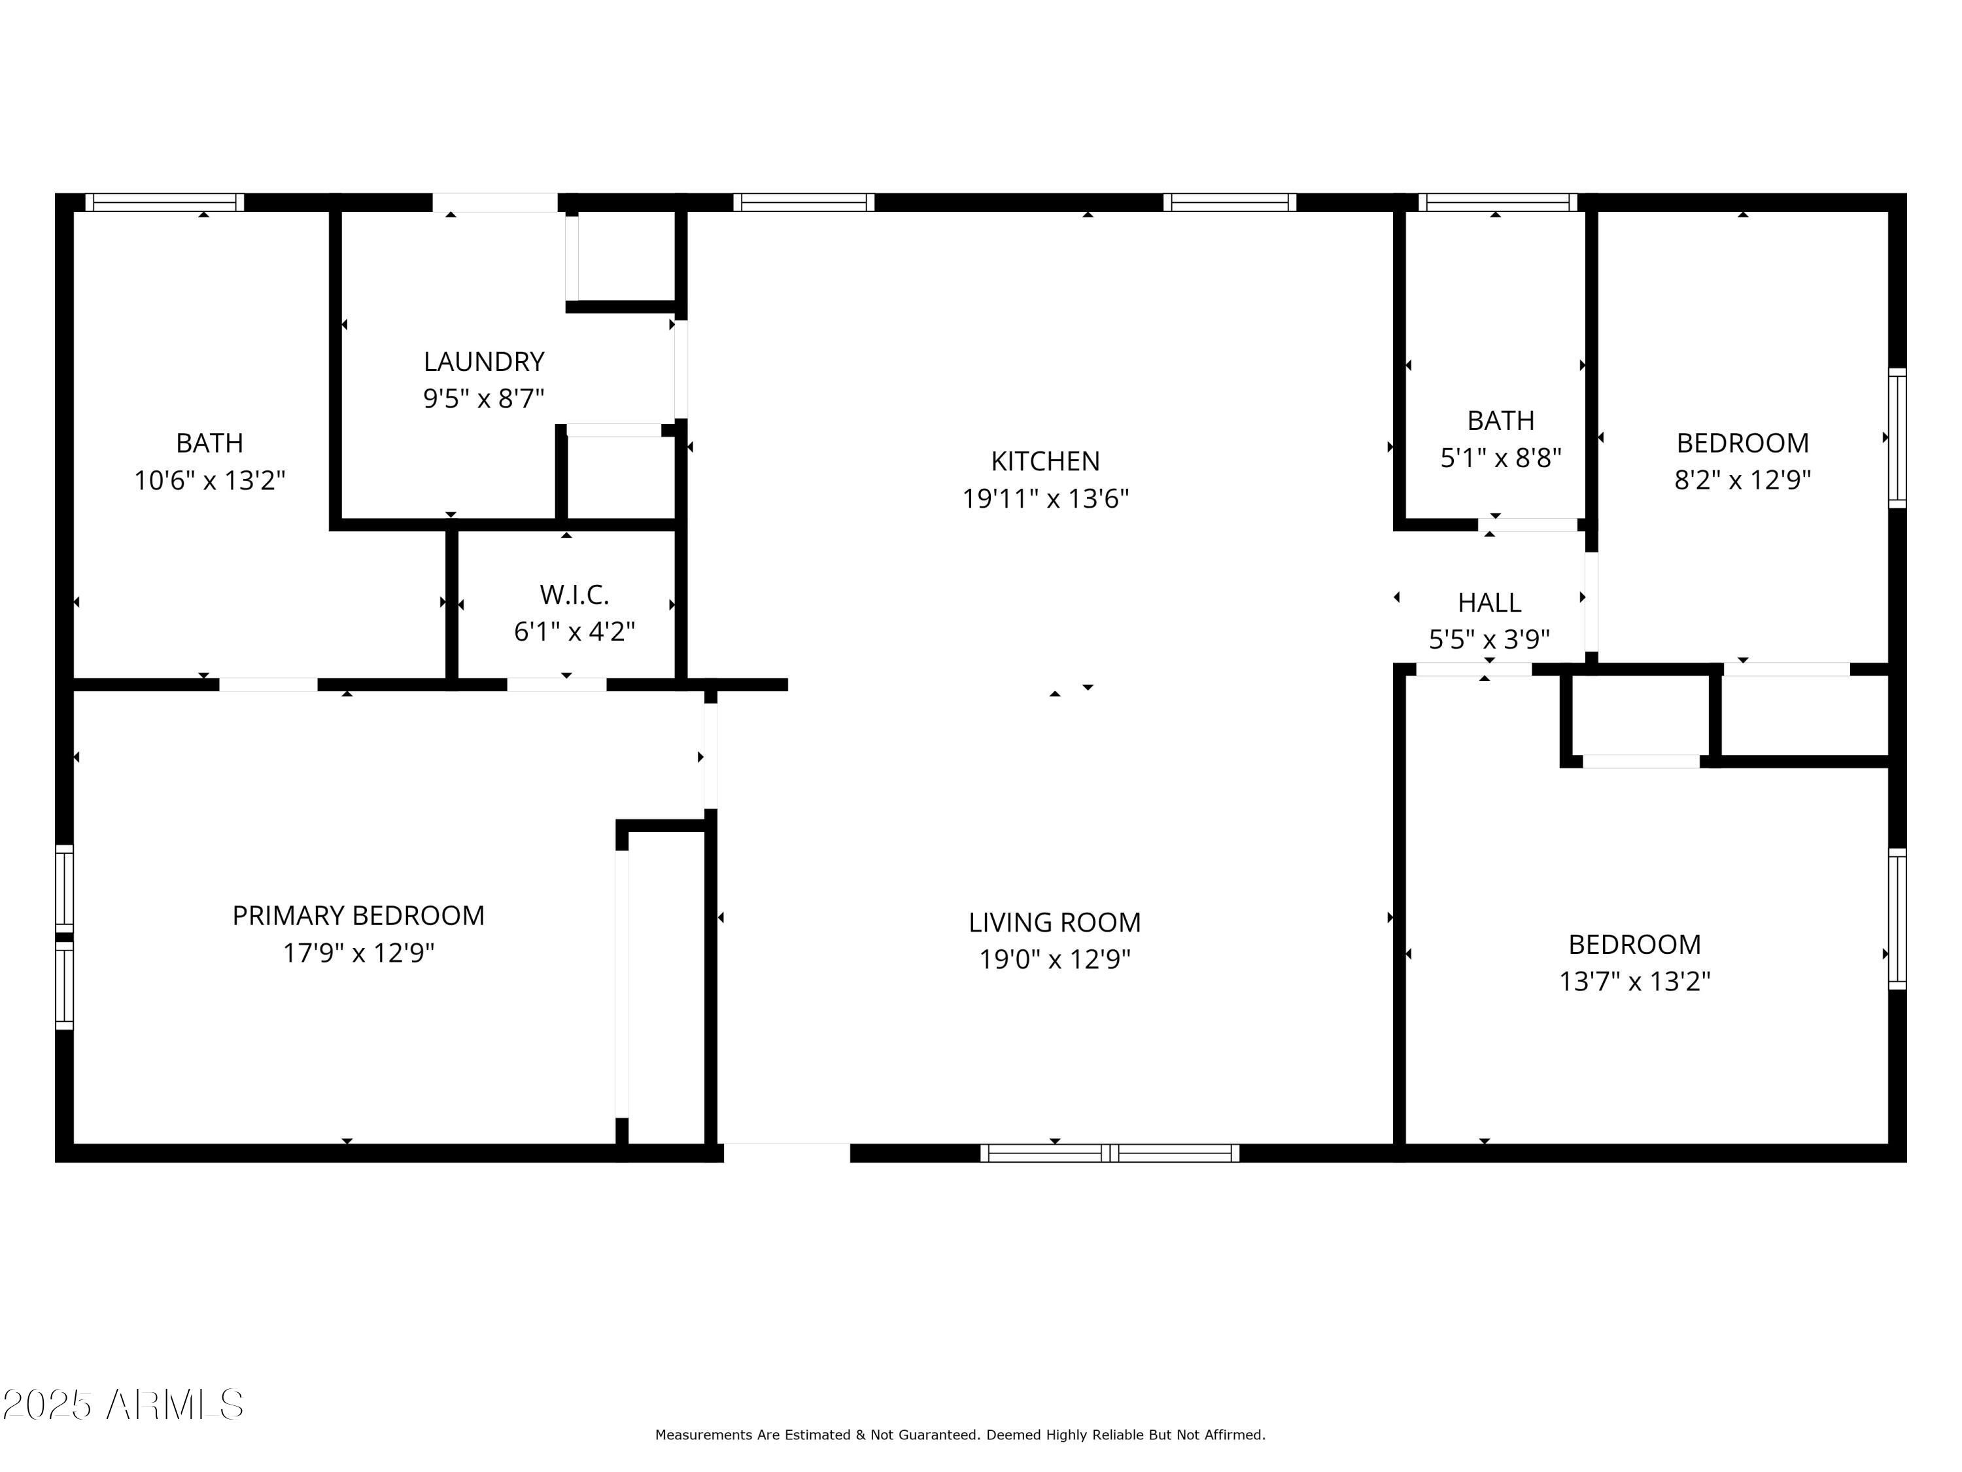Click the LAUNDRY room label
[x=483, y=361]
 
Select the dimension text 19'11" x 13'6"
[x=1045, y=499]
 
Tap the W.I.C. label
[x=574, y=593]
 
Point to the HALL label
[x=1489, y=603]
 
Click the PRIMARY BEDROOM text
[x=358, y=915]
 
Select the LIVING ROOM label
[x=1054, y=922]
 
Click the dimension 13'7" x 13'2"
[x=1634, y=981]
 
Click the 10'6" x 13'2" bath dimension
[x=209, y=480]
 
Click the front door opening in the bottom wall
[x=787, y=1153]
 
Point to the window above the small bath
[x=1497, y=202]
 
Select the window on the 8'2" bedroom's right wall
[x=1897, y=438]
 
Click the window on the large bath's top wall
[x=164, y=202]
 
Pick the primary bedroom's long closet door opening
[x=622, y=983]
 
